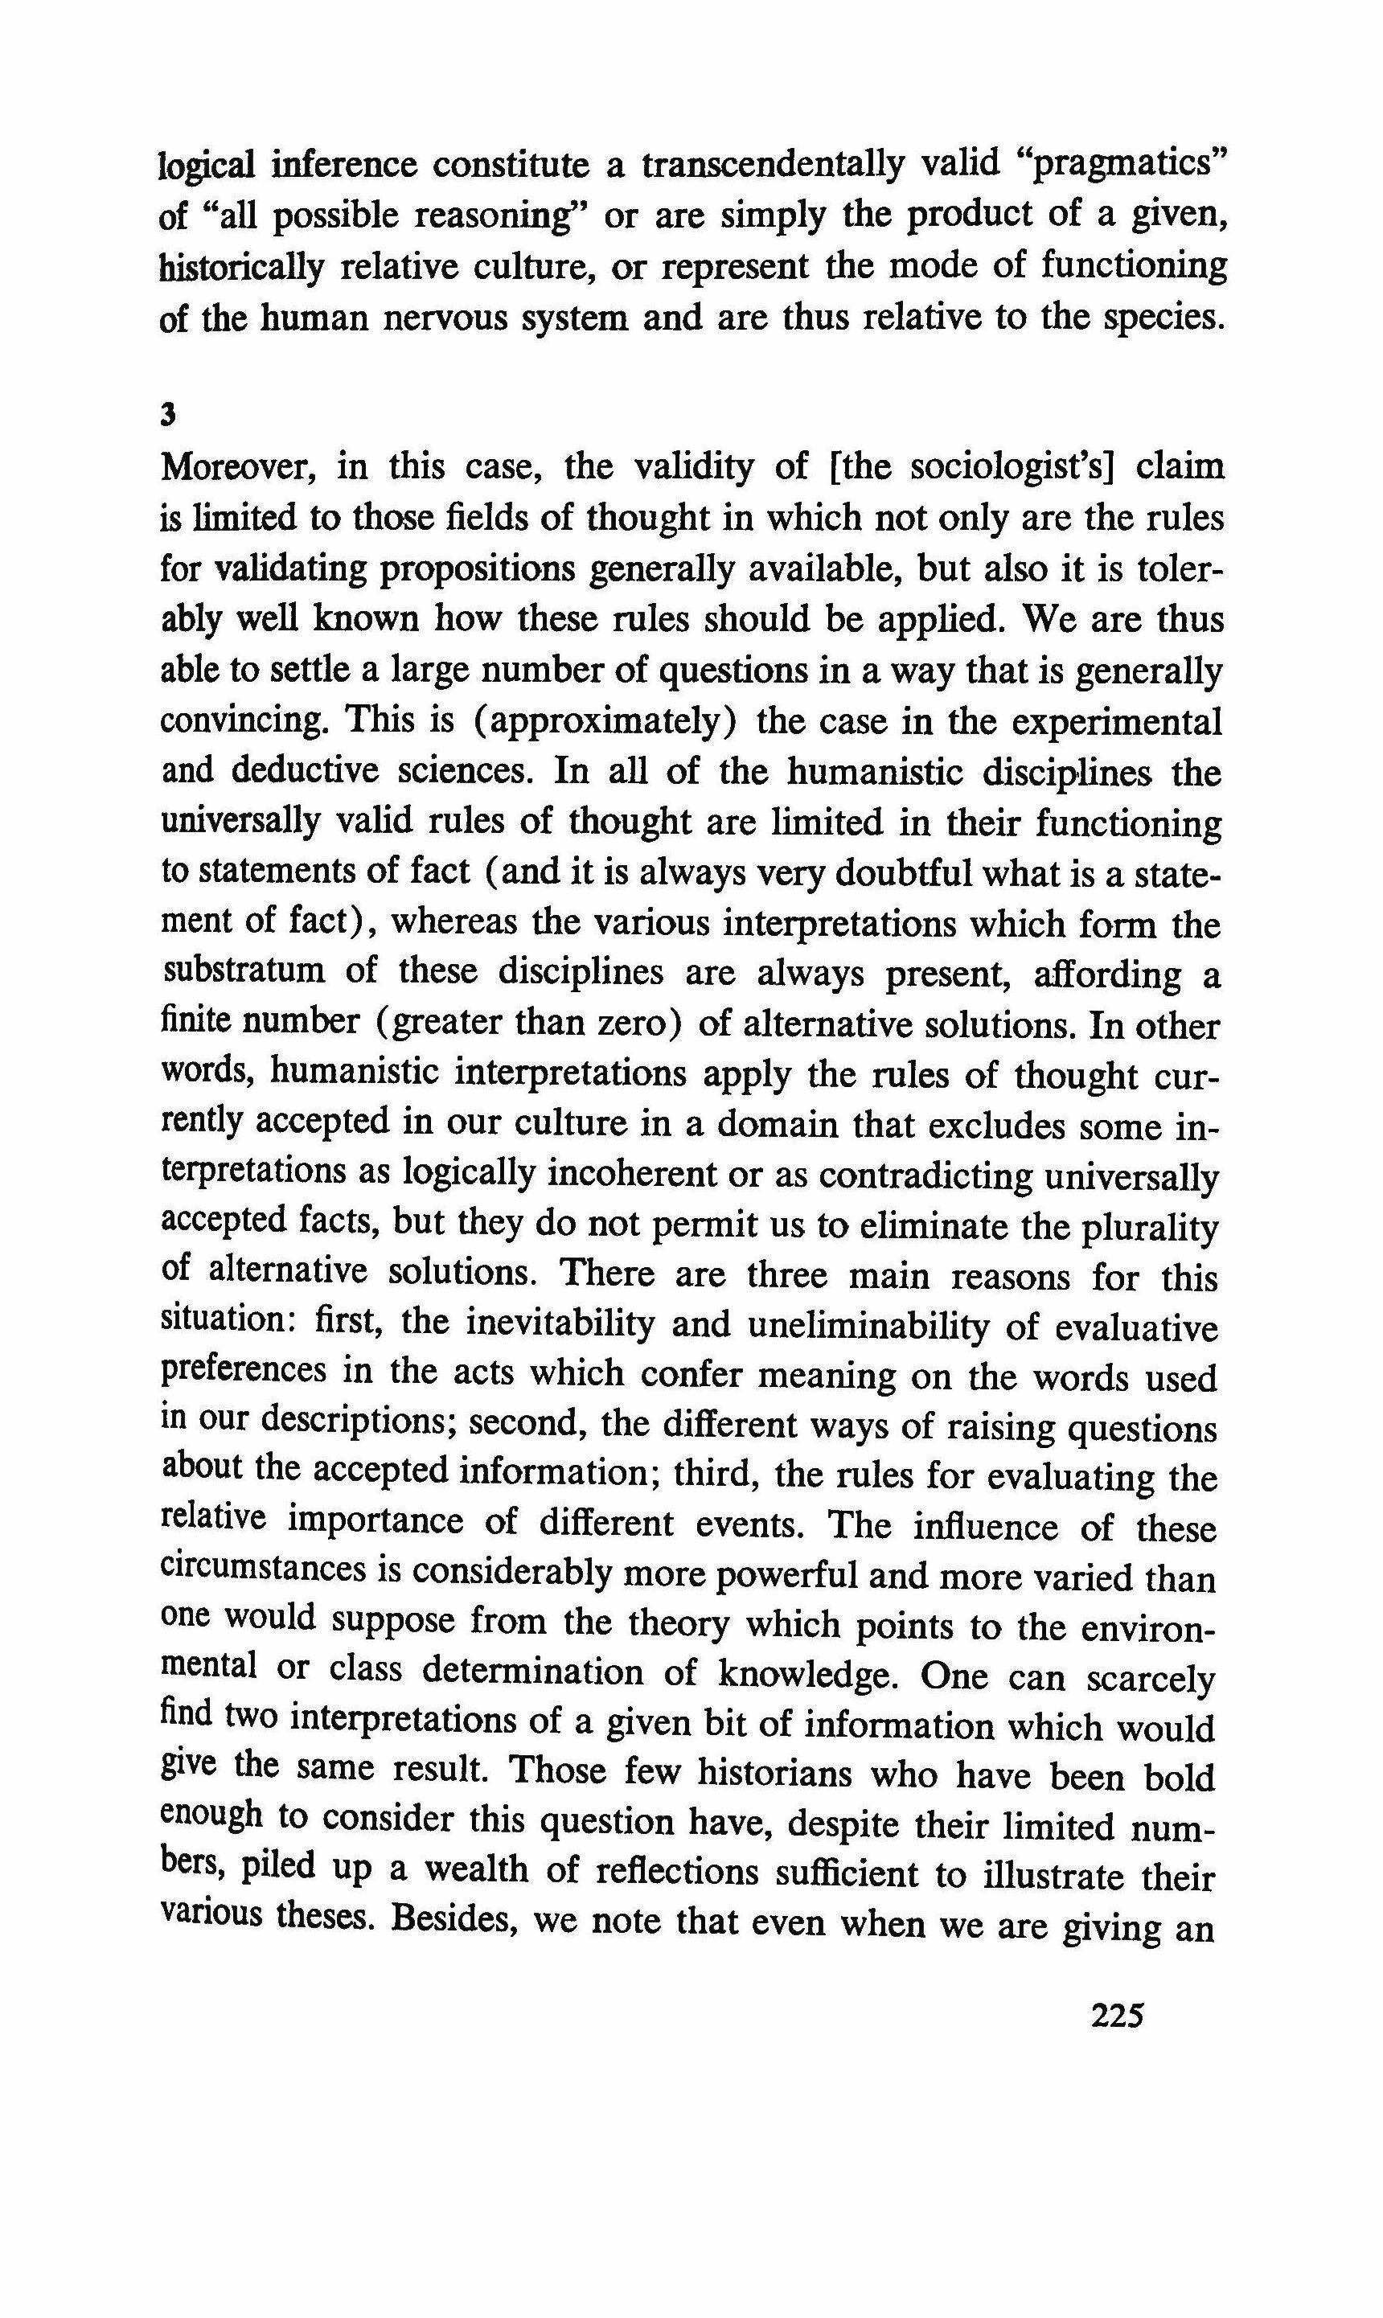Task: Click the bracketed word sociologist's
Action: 1002,467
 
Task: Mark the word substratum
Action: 244,972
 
